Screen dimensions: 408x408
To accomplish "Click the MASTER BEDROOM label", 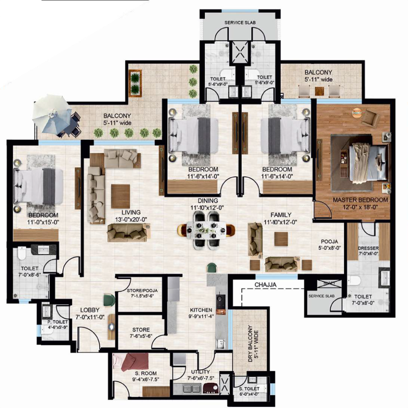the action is pyautogui.click(x=360, y=200).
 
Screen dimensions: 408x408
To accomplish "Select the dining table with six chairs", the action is pyautogui.click(x=206, y=231).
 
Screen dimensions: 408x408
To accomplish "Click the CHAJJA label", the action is pyautogui.click(x=265, y=284).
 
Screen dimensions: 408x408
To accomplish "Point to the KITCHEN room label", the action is pyautogui.click(x=201, y=310).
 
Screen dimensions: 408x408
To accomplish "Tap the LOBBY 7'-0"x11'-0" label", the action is pyautogui.click(x=90, y=314).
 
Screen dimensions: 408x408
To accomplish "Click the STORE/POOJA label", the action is pyautogui.click(x=142, y=290).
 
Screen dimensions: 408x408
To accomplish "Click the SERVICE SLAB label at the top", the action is pyautogui.click(x=240, y=23).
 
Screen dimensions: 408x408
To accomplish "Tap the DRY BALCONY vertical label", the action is pyautogui.click(x=250, y=343).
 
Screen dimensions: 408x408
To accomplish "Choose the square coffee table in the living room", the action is pyautogui.click(x=120, y=196).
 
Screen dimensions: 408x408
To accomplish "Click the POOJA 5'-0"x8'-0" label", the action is pyautogui.click(x=330, y=245).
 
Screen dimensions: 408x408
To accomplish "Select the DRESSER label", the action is pyautogui.click(x=368, y=248).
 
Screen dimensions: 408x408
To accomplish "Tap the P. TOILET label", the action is pyautogui.click(x=57, y=322).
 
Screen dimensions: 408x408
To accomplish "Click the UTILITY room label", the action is pyautogui.click(x=200, y=372).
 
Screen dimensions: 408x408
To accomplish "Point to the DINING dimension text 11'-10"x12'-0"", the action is pyautogui.click(x=207, y=208).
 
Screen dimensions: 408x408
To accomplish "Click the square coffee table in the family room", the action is pyautogui.click(x=281, y=239).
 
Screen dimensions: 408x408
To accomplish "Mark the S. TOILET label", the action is pyautogui.click(x=249, y=389).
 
